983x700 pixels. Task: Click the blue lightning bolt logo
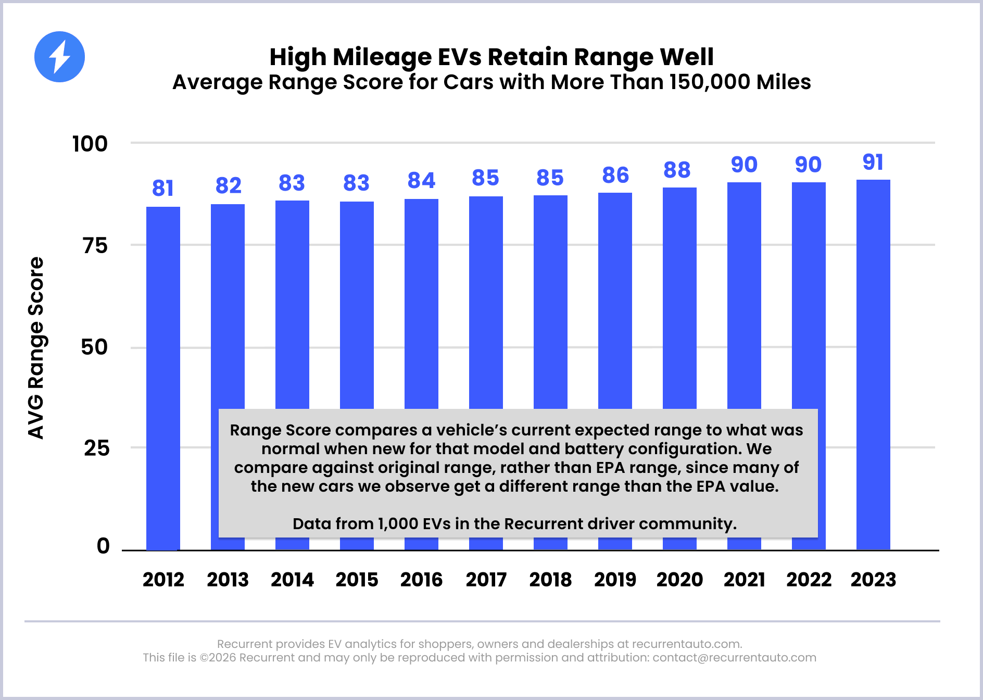pyautogui.click(x=59, y=57)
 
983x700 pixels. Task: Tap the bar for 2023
pyautogui.click(x=873, y=365)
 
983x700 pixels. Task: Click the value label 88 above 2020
pyautogui.click(x=677, y=170)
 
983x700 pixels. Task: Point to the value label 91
pyautogui.click(x=873, y=162)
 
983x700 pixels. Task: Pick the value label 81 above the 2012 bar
pyautogui.click(x=163, y=189)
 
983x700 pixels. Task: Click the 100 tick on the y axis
pyautogui.click(x=90, y=144)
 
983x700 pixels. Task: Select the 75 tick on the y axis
pyautogui.click(x=95, y=246)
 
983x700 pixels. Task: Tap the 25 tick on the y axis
pyautogui.click(x=96, y=448)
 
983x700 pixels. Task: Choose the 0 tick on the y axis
pyautogui.click(x=103, y=546)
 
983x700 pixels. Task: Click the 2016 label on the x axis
pyautogui.click(x=421, y=580)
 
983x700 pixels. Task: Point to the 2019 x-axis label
pyautogui.click(x=615, y=580)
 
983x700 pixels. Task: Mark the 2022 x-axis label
pyautogui.click(x=809, y=580)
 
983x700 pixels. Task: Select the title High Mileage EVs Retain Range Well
pyautogui.click(x=491, y=57)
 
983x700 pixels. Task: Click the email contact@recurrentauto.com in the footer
pyautogui.click(x=734, y=658)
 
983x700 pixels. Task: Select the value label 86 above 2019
pyautogui.click(x=615, y=176)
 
